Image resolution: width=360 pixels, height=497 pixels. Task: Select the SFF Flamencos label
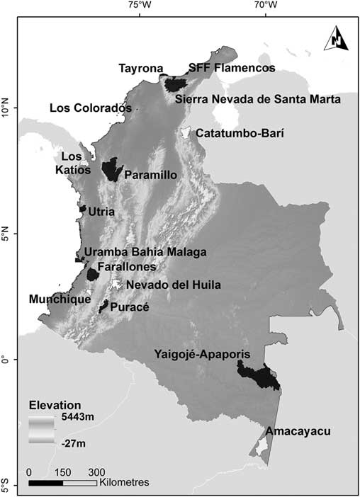(230, 69)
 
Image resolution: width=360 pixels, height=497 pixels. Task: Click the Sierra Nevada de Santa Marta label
(257, 99)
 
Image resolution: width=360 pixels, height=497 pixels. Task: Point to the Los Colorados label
(90, 108)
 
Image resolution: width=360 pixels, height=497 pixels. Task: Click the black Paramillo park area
(111, 170)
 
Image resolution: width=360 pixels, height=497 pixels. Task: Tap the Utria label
(101, 211)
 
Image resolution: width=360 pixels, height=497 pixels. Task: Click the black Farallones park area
(93, 274)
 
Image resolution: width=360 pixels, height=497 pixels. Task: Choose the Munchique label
(60, 299)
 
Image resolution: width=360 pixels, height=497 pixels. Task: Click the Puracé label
(128, 308)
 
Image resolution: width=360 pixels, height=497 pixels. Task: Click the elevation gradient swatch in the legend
(45, 430)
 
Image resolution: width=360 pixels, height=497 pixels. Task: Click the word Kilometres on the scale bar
(124, 482)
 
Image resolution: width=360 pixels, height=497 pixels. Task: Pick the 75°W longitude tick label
(140, 6)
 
